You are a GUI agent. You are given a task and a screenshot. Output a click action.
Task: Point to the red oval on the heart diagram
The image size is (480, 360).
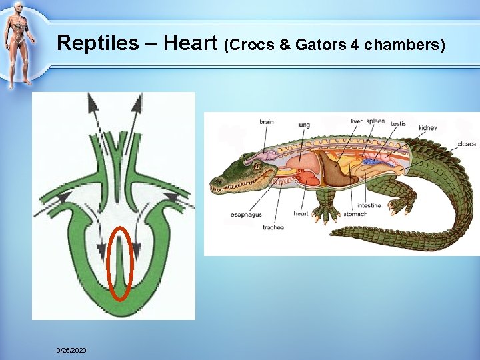pyautogui.click(x=121, y=264)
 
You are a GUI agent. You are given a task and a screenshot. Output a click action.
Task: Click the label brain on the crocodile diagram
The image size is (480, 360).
pyautogui.click(x=267, y=122)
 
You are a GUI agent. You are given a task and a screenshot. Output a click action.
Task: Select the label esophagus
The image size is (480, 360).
pyautogui.click(x=246, y=215)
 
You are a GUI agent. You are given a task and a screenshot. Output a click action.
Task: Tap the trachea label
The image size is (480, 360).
pyautogui.click(x=273, y=227)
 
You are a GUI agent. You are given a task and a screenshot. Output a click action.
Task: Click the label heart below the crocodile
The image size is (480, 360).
pyautogui.click(x=301, y=214)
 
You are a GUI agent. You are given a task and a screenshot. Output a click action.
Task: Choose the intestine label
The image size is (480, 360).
pyautogui.click(x=369, y=205)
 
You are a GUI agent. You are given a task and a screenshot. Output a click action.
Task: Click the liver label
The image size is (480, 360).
pyautogui.click(x=357, y=121)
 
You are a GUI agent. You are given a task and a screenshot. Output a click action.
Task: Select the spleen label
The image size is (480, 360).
pyautogui.click(x=376, y=121)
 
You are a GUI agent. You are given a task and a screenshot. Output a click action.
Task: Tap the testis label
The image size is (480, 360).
pyautogui.click(x=398, y=123)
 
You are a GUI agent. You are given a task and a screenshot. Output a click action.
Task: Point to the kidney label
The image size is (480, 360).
pyautogui.click(x=427, y=127)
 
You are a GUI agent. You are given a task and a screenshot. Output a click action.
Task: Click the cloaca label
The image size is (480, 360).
pyautogui.click(x=466, y=143)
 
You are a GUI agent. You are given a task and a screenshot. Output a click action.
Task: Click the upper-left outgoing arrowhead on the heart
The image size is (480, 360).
pyautogui.click(x=91, y=102)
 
